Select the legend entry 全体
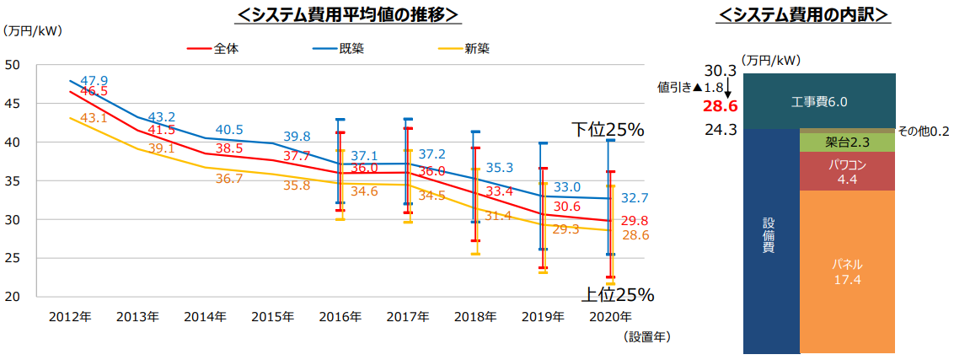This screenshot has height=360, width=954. [226, 48]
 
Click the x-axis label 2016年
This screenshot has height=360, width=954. [340, 317]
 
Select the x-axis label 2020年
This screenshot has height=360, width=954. [610, 317]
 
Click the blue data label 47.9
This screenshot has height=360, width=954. [94, 79]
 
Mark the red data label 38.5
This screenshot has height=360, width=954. [228, 148]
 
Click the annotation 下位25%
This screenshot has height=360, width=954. [607, 129]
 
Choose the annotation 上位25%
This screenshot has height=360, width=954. [617, 294]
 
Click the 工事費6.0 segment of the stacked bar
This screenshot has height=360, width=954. [819, 102]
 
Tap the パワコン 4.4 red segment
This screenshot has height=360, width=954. [847, 171]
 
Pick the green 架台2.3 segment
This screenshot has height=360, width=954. [847, 142]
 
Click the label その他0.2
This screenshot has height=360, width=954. [925, 132]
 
